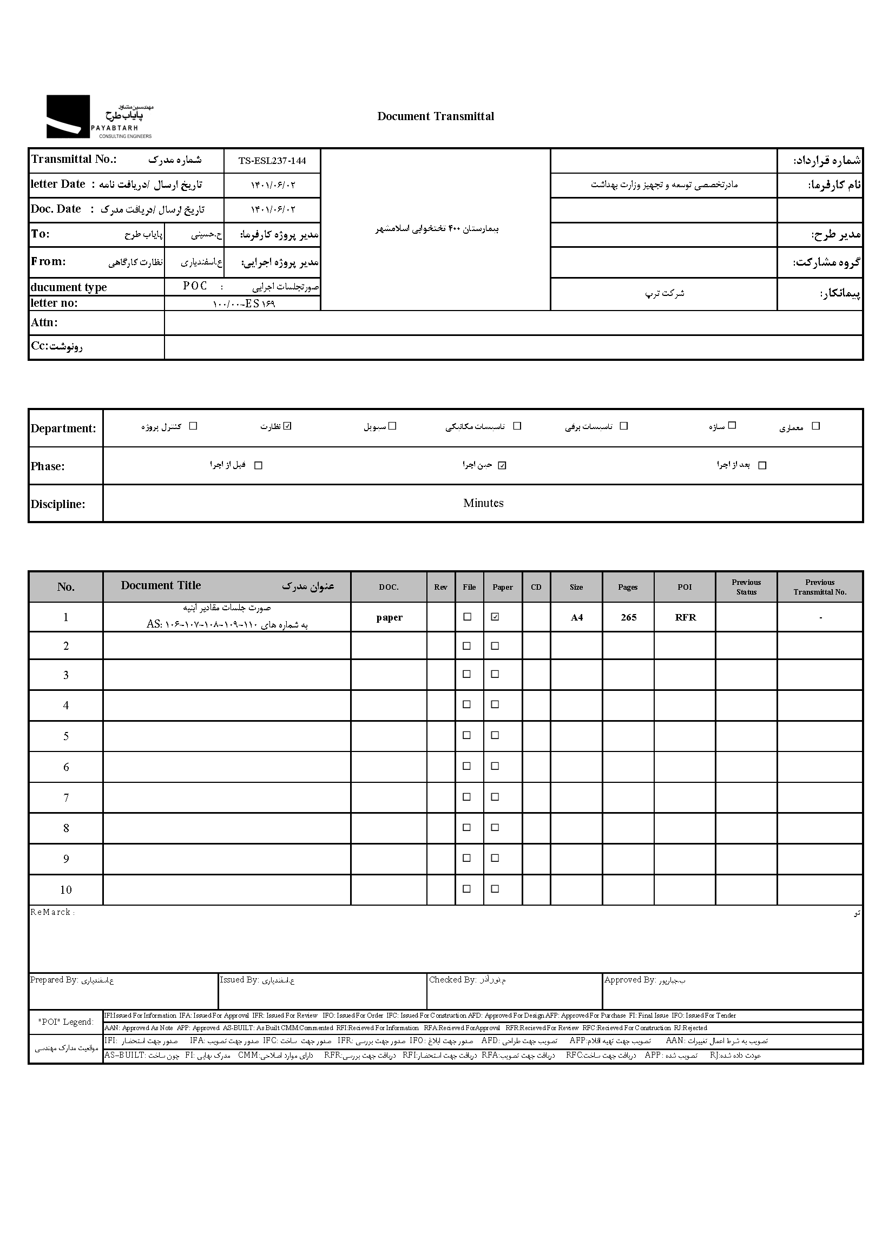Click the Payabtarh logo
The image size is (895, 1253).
[99, 116]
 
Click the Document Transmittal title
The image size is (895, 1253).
[436, 116]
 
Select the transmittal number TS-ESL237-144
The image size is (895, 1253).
[272, 161]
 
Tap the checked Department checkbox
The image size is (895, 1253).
[287, 426]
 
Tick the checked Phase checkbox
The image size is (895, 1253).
[502, 466]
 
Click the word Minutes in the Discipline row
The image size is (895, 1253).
[483, 503]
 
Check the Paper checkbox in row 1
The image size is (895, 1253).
[495, 617]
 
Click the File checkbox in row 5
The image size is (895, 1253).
[467, 735]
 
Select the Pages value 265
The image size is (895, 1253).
[628, 618]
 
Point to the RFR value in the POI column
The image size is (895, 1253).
[685, 618]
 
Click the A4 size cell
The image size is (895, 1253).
[576, 618]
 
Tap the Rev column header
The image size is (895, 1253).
[440, 588]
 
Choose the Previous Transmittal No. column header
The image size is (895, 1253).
[819, 588]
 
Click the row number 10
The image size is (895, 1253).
[66, 890]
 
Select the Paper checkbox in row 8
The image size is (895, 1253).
[495, 828]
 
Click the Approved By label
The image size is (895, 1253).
[629, 980]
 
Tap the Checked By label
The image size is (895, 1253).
[452, 980]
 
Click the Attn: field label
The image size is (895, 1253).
[44, 323]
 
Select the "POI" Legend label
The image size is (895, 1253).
[65, 1022]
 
